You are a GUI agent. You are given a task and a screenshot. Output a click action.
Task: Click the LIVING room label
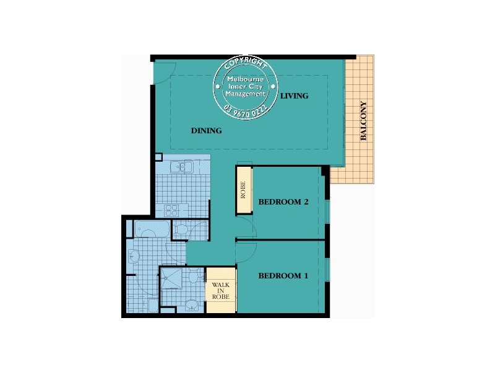coord(294,96)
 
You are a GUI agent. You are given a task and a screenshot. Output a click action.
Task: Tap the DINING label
coord(206,131)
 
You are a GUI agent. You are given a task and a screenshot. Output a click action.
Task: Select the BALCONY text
coord(363,121)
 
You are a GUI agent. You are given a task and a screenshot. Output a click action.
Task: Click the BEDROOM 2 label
coord(283,201)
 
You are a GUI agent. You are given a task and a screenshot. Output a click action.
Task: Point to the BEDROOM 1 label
coord(283,275)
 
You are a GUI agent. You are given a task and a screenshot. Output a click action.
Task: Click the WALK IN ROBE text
coord(221,291)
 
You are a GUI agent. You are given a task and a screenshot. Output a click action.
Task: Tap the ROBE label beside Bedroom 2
coord(244,190)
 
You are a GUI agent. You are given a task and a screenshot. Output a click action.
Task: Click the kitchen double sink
coord(183,167)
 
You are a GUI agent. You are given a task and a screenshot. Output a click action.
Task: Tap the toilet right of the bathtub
coord(181,230)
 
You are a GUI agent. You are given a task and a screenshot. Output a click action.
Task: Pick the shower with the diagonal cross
coord(171,278)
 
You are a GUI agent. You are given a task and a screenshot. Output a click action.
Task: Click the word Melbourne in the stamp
coord(246,79)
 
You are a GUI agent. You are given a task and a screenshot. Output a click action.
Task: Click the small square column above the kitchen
coord(158,157)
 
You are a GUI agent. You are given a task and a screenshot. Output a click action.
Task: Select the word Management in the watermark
coord(246,94)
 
